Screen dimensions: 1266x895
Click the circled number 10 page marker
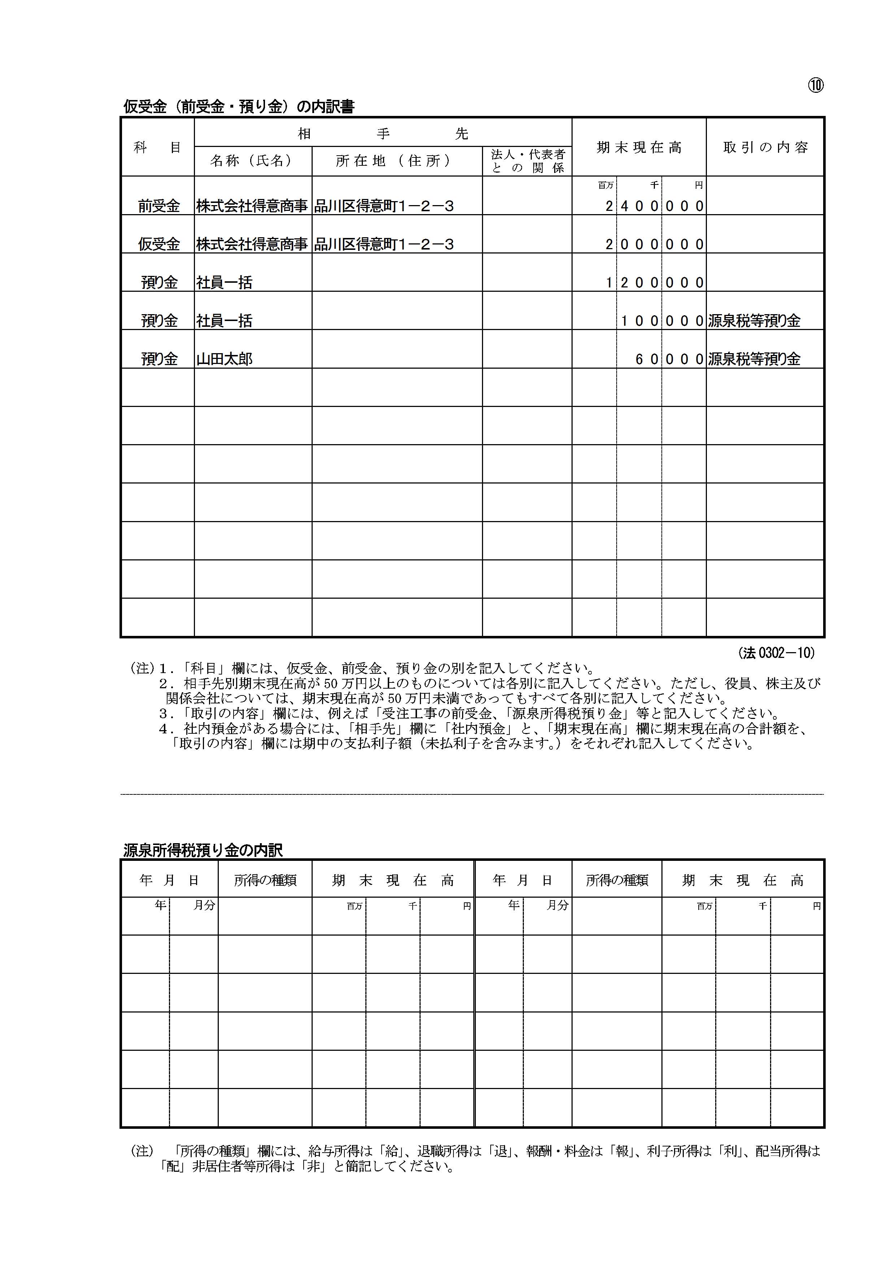click(x=816, y=86)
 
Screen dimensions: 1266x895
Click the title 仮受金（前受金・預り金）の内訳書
click(x=238, y=107)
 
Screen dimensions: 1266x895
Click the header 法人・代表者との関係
click(x=527, y=161)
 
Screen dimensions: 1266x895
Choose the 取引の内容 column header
click(x=765, y=148)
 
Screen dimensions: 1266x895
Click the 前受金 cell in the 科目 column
click(x=159, y=206)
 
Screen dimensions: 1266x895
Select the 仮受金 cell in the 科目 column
click(x=159, y=244)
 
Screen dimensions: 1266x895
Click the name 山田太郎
click(x=225, y=360)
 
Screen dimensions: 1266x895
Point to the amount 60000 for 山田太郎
click(x=669, y=360)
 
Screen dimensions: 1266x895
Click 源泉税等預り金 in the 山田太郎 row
click(x=754, y=360)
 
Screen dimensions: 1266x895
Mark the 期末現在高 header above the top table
click(x=639, y=148)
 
